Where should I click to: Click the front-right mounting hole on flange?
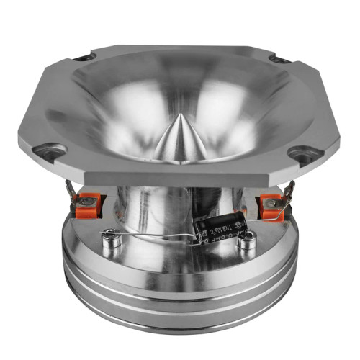click(x=305, y=152)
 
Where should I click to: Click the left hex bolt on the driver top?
click(x=110, y=237)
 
